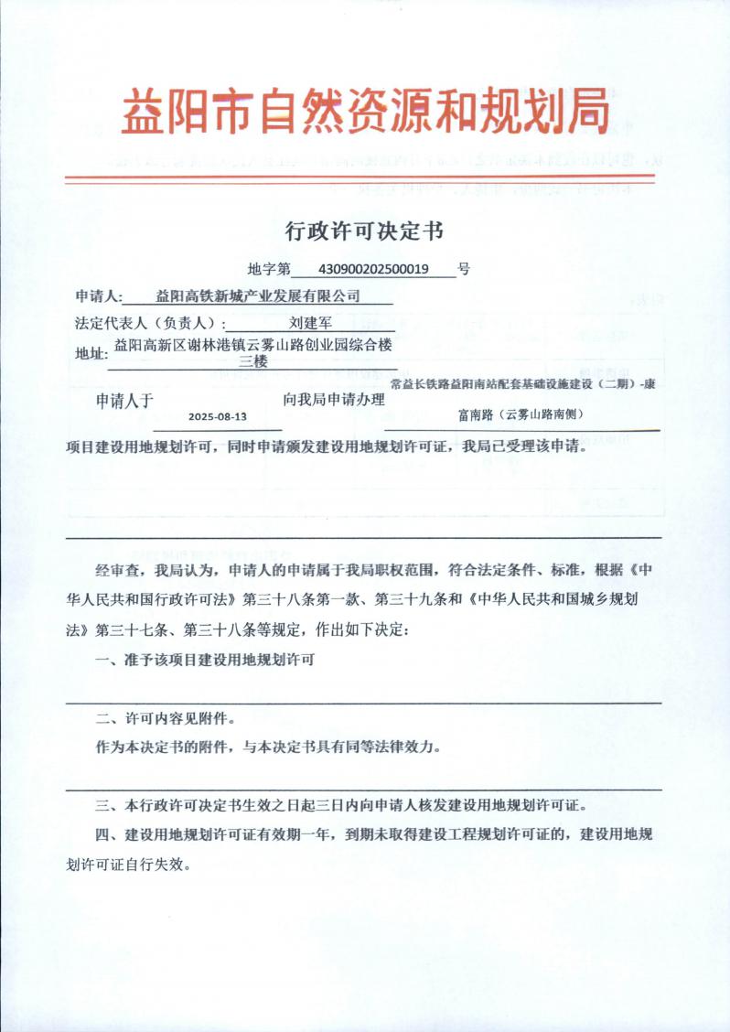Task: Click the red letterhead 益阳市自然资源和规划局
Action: click(365, 112)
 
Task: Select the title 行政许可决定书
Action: click(364, 231)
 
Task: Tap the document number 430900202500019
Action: click(372, 269)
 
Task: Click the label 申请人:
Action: click(98, 296)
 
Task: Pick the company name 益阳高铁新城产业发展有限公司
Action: click(258, 296)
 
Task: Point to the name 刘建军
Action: click(310, 322)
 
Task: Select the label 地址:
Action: click(91, 353)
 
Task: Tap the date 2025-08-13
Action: click(218, 415)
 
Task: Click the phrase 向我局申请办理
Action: click(334, 400)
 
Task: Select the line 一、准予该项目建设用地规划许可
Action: click(206, 661)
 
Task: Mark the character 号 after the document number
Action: click(464, 269)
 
